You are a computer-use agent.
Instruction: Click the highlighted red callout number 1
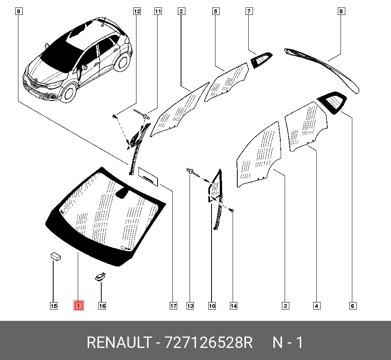click(x=79, y=306)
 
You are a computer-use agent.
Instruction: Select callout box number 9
click(x=19, y=11)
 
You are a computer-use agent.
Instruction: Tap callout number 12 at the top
click(x=137, y=11)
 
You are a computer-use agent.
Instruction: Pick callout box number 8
click(x=341, y=11)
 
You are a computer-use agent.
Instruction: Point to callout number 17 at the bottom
click(x=173, y=306)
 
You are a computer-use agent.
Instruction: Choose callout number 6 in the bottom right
click(x=352, y=306)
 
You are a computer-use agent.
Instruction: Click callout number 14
click(x=233, y=306)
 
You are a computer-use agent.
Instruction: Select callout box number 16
click(x=102, y=306)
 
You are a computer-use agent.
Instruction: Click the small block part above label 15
click(x=56, y=256)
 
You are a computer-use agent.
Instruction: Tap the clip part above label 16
click(x=100, y=277)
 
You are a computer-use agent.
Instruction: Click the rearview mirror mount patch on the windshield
click(x=122, y=193)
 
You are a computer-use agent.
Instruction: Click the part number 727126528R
click(x=209, y=342)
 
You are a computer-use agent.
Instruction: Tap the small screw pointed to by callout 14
click(x=232, y=211)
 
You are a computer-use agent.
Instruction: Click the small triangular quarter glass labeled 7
click(x=261, y=60)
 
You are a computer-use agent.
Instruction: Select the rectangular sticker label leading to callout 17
click(x=148, y=177)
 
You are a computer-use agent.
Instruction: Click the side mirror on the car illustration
click(x=84, y=67)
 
